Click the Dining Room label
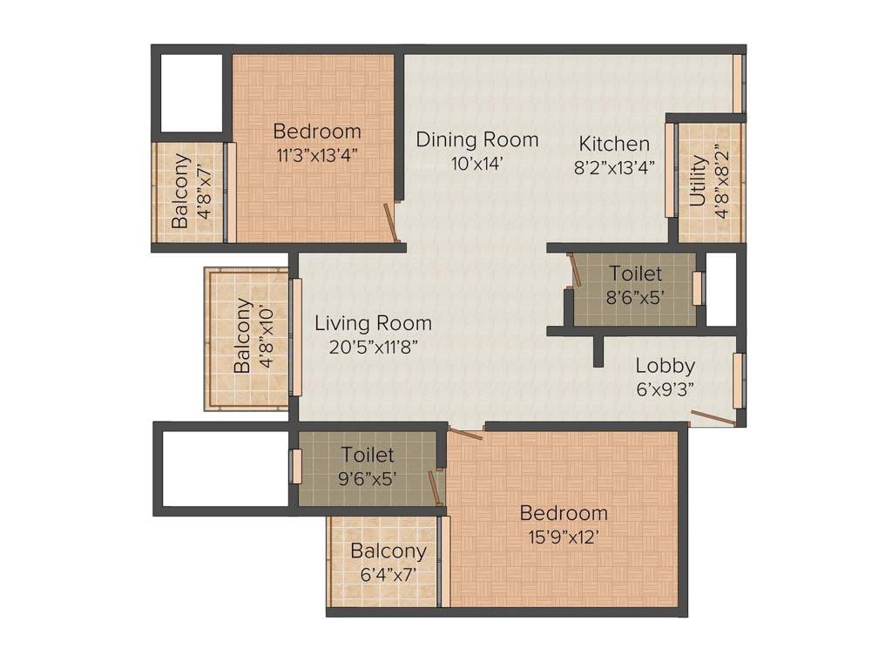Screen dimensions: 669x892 [476, 139]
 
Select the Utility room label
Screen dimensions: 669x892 [699, 181]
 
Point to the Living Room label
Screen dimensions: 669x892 [373, 324]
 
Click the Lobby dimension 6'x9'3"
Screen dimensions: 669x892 [664, 389]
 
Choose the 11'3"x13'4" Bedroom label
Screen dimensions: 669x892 [316, 132]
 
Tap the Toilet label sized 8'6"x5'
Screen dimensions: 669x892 [635, 274]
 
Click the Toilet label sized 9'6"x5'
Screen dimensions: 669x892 [367, 455]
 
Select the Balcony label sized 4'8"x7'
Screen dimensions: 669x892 [180, 191]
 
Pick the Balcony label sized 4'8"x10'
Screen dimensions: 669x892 [243, 336]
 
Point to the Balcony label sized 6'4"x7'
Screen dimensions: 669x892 [388, 551]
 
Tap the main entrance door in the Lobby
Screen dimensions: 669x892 [712, 419]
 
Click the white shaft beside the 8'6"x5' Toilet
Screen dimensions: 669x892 [721, 289]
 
